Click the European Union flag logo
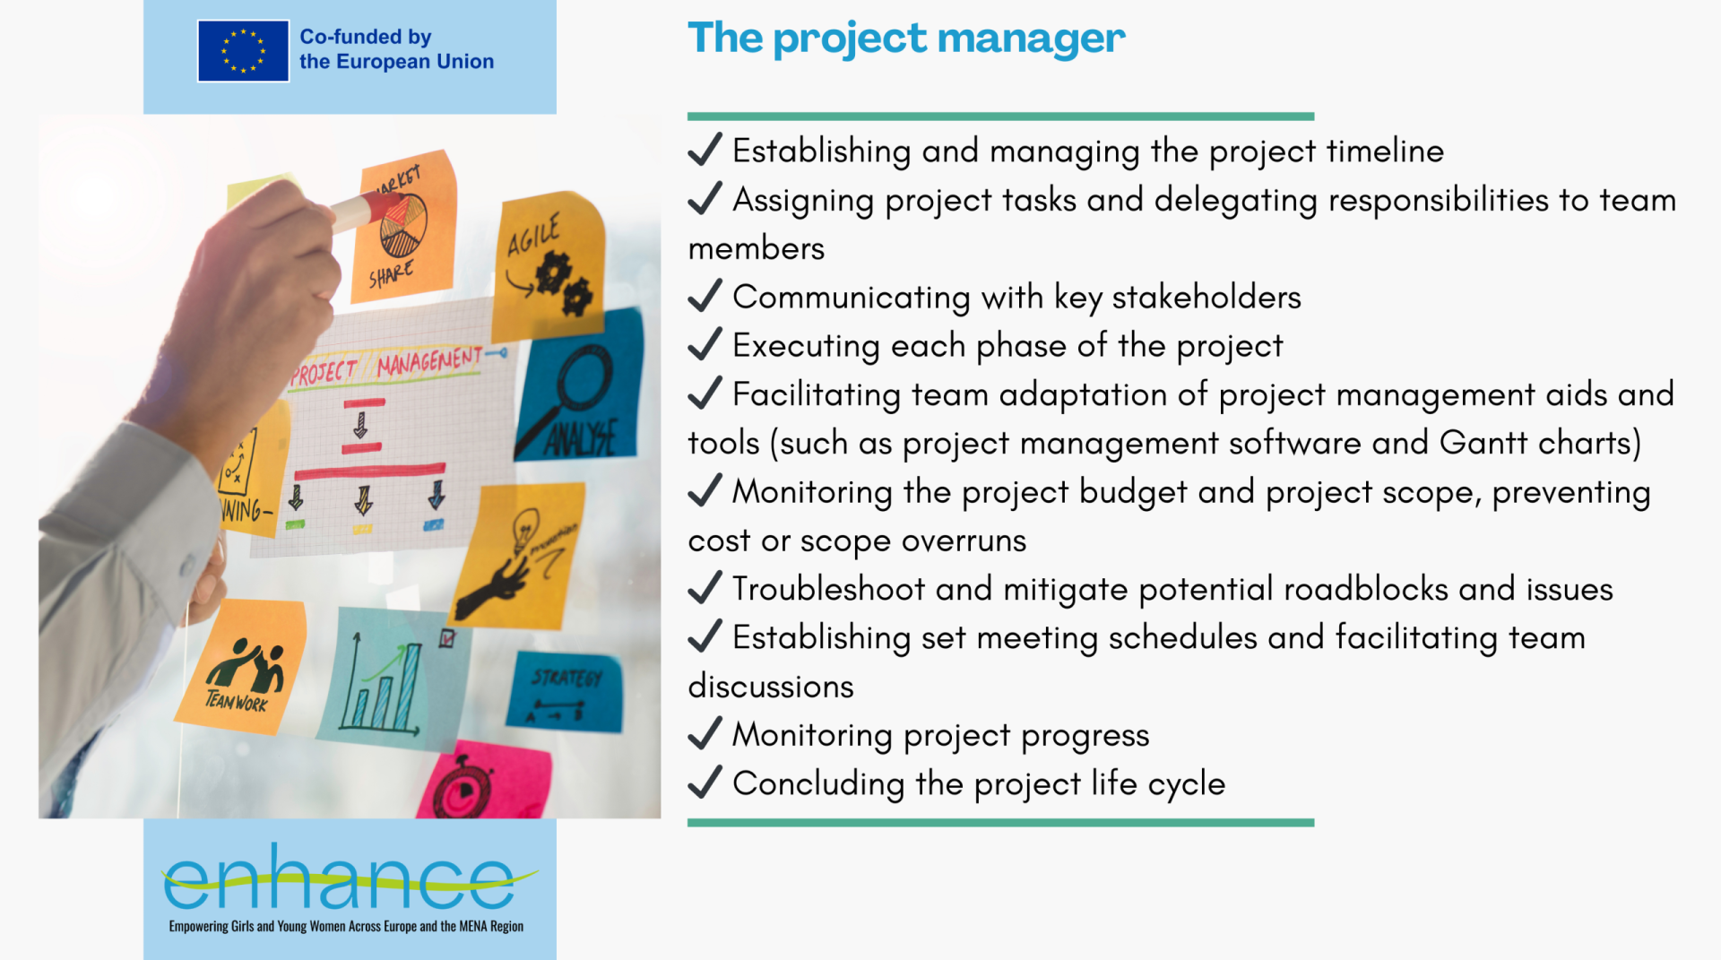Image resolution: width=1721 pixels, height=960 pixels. tap(243, 51)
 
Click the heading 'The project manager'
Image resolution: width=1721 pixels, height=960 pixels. tap(906, 39)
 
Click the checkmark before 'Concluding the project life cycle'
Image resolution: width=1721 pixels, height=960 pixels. tap(705, 782)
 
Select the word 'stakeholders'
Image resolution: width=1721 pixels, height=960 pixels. tap(1206, 297)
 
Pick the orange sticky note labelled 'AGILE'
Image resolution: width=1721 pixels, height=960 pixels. tap(549, 265)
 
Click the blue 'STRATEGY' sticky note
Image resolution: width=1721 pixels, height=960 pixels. tap(565, 691)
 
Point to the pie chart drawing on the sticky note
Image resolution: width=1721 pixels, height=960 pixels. tap(403, 225)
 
